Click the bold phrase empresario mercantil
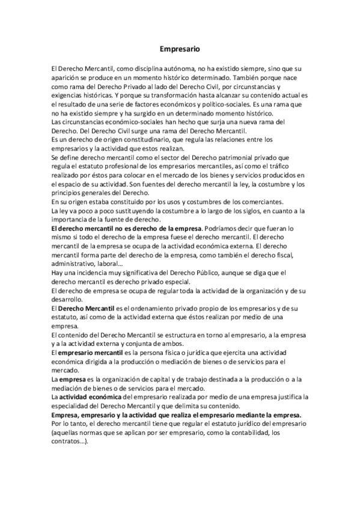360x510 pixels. pyautogui.click(x=91, y=352)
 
